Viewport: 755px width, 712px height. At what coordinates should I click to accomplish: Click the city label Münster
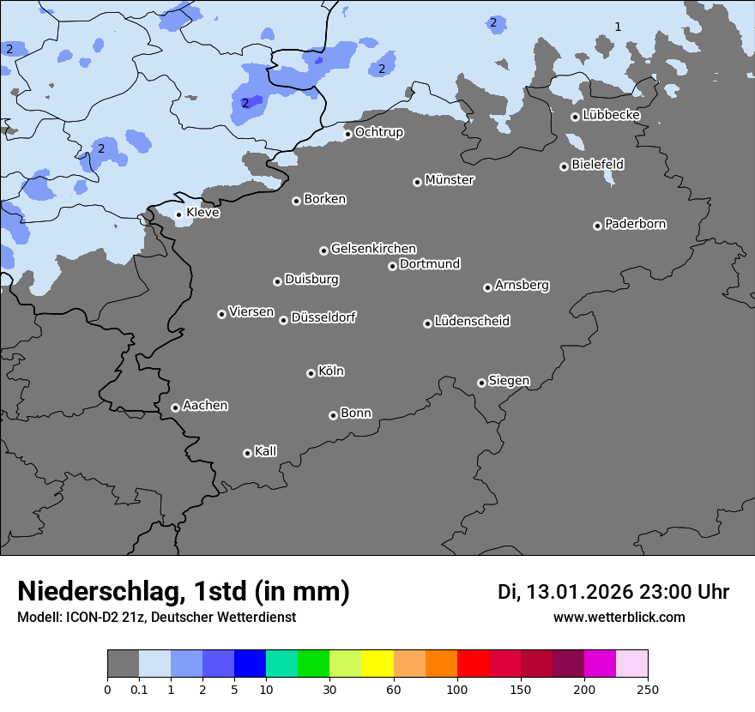(450, 180)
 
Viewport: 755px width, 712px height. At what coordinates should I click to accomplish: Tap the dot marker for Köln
(311, 373)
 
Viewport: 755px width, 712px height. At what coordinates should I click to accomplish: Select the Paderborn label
(636, 224)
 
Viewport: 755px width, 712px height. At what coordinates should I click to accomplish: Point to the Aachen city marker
(175, 407)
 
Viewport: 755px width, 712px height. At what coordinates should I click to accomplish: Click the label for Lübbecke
(611, 115)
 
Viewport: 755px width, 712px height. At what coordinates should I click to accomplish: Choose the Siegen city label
(509, 381)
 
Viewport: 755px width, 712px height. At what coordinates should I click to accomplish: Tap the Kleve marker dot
(178, 214)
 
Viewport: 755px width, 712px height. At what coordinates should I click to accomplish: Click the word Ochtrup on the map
(379, 132)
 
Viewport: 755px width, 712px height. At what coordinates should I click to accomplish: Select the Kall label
(266, 451)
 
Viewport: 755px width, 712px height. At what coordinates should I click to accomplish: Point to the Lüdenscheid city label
(472, 322)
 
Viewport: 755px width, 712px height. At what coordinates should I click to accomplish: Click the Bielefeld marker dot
(564, 166)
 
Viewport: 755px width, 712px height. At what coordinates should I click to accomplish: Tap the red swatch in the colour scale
(473, 664)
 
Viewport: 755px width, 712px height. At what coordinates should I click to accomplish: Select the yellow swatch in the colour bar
(377, 664)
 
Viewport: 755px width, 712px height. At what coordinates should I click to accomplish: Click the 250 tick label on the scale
(647, 689)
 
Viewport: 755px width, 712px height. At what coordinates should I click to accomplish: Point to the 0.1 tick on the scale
(139, 689)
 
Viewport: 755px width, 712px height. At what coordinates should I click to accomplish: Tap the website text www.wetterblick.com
(619, 617)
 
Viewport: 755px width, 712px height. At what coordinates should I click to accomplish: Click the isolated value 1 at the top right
(618, 27)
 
